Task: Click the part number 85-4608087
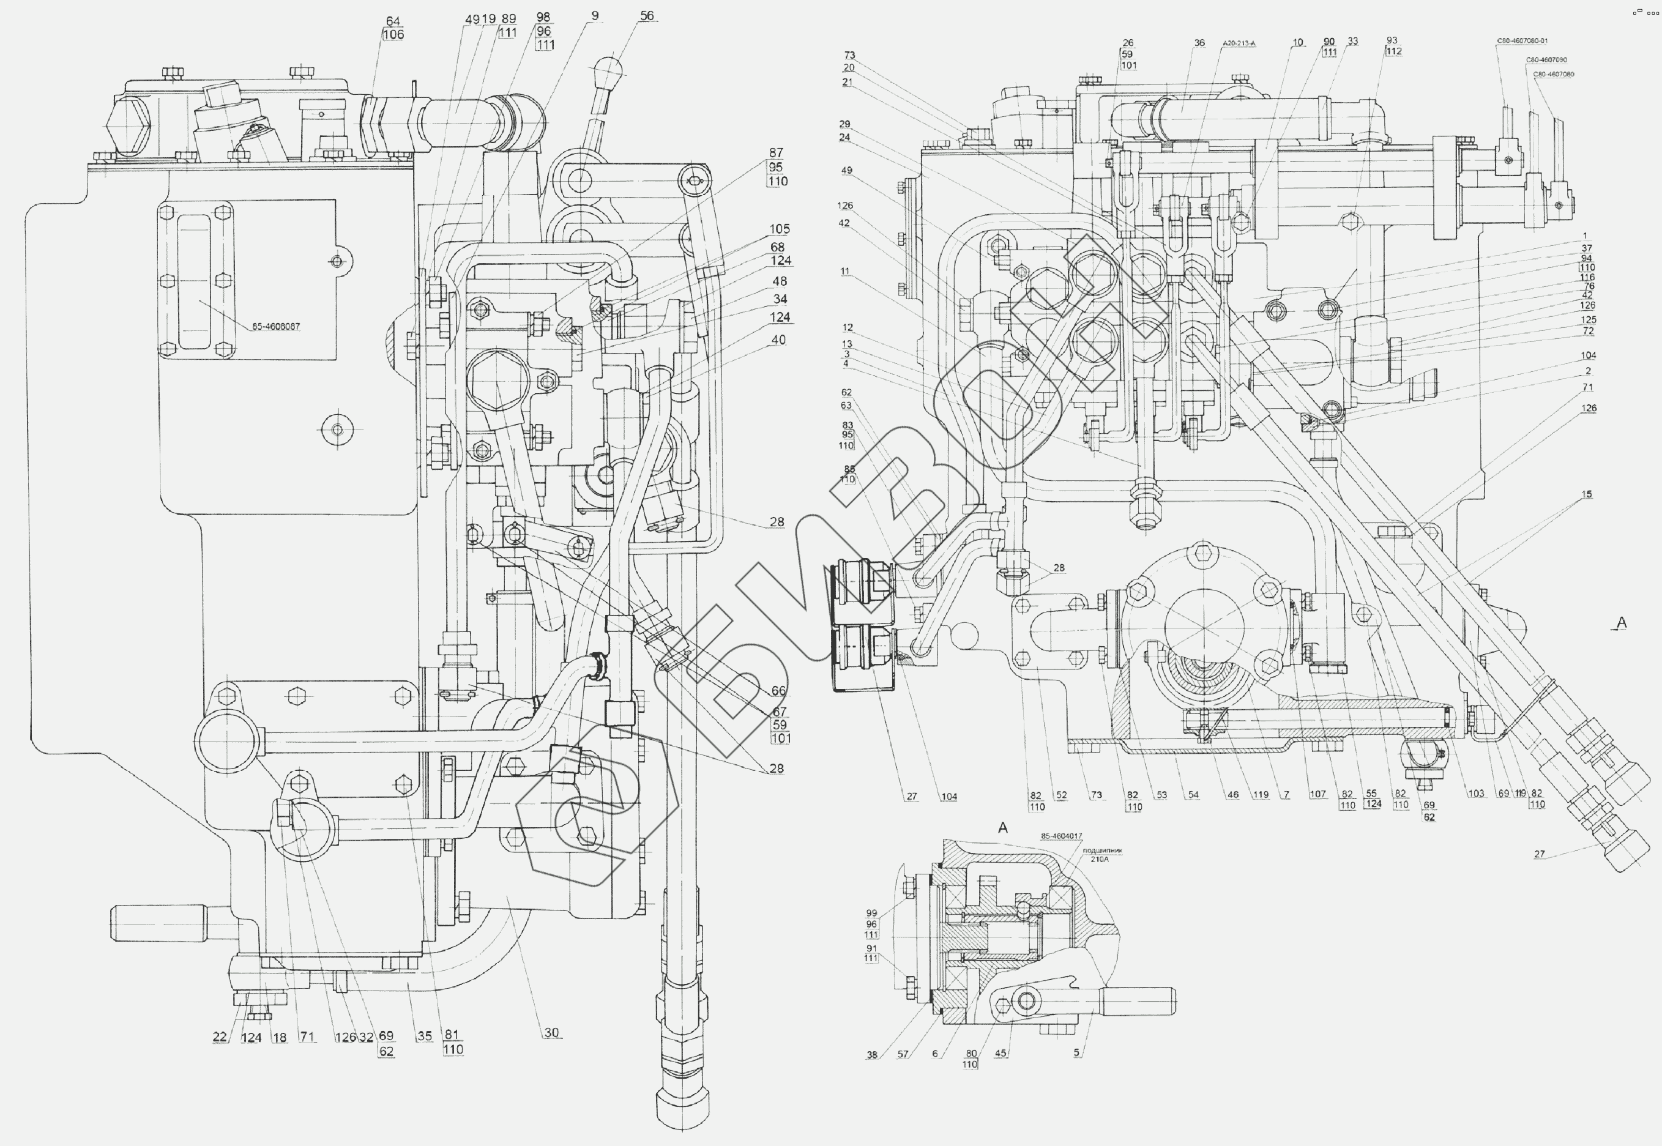[x=276, y=327]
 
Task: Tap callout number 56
[x=647, y=16]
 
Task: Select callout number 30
[x=551, y=1033]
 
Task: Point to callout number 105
[x=780, y=229]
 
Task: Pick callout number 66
[x=779, y=691]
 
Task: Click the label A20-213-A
[x=1239, y=44]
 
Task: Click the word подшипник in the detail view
[x=1102, y=850]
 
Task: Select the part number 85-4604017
[x=1062, y=836]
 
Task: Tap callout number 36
[x=1199, y=43]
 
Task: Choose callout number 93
[x=1392, y=40]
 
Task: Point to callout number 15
[x=1587, y=494]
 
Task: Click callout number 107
[x=1317, y=794]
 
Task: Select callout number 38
[x=871, y=1055]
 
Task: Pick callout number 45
[x=1001, y=1054]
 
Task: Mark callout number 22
[x=220, y=1037]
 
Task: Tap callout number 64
[x=393, y=21]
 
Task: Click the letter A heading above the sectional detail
[x=1003, y=828]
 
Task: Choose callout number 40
[x=778, y=340]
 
